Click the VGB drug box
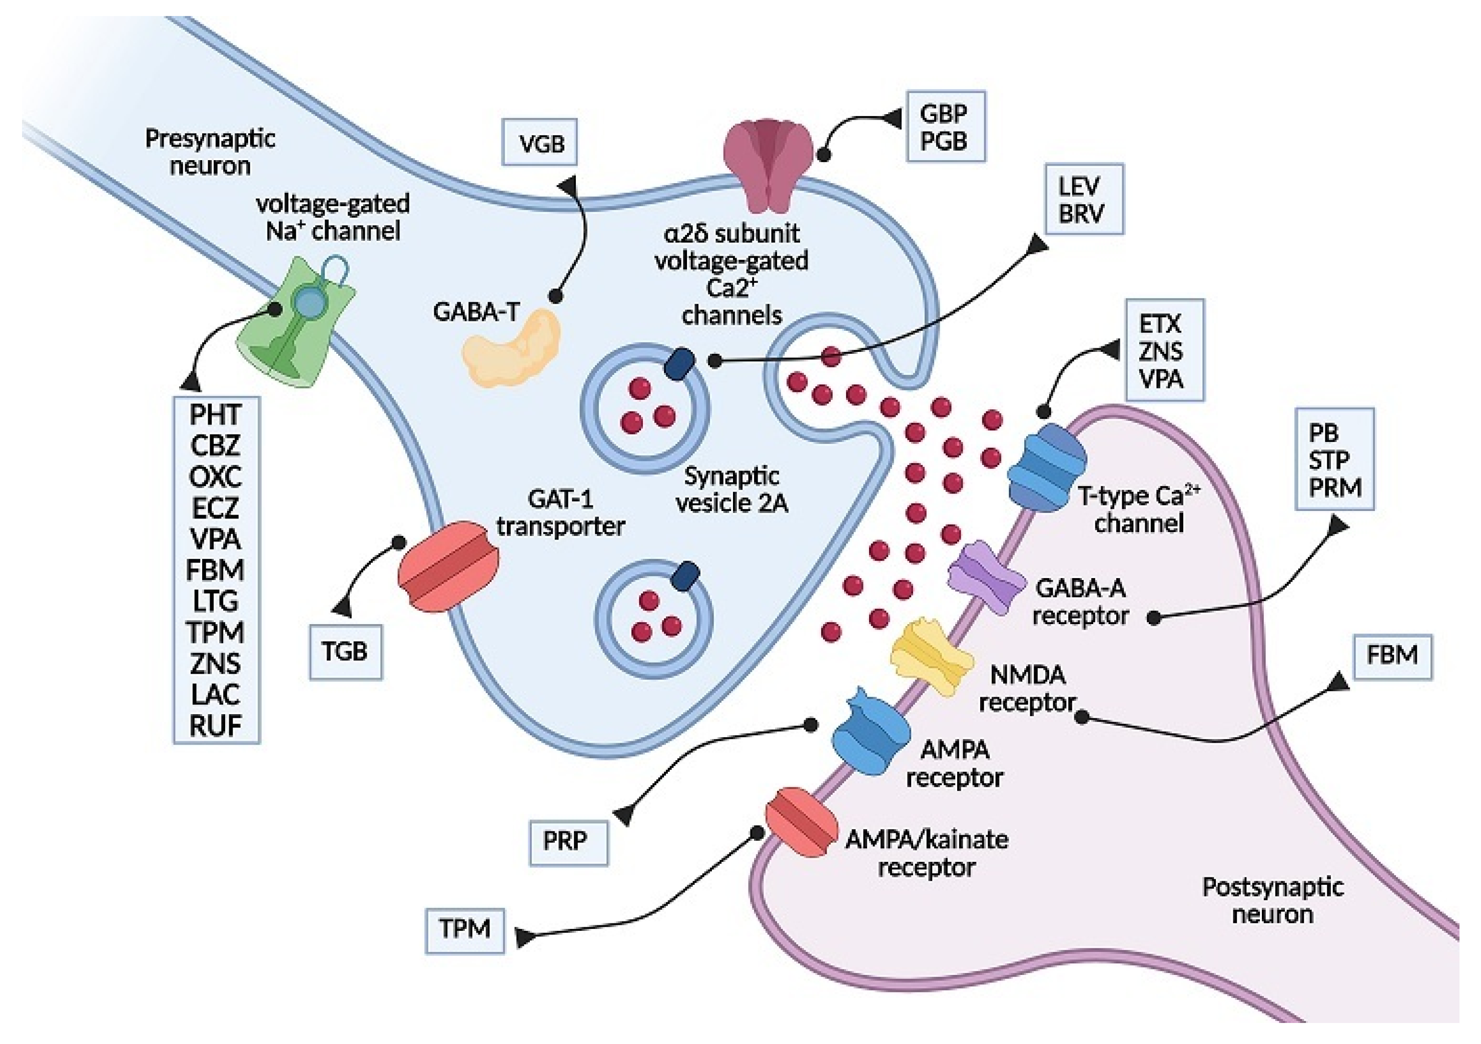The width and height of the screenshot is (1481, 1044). point(539,142)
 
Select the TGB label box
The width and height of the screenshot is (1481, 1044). point(346,652)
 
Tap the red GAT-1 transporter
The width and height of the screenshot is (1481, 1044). point(449,567)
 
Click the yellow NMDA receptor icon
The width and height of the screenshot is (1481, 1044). point(932,656)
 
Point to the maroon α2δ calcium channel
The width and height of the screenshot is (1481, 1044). point(768,165)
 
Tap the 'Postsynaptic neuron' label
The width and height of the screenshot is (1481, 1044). point(1273,901)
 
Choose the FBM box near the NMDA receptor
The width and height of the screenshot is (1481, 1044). point(1392,656)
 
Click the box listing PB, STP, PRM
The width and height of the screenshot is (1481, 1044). point(1334,459)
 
